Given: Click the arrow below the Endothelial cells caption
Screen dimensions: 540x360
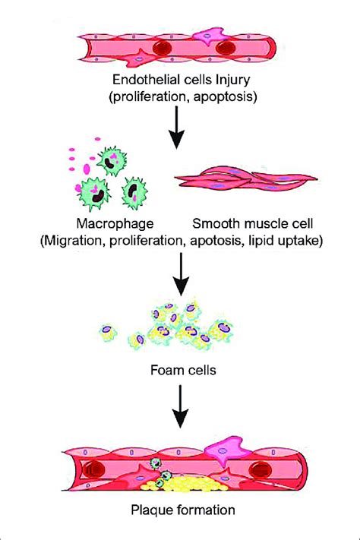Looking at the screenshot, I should tap(177, 128).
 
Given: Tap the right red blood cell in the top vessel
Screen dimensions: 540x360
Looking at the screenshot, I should tap(228, 48).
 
